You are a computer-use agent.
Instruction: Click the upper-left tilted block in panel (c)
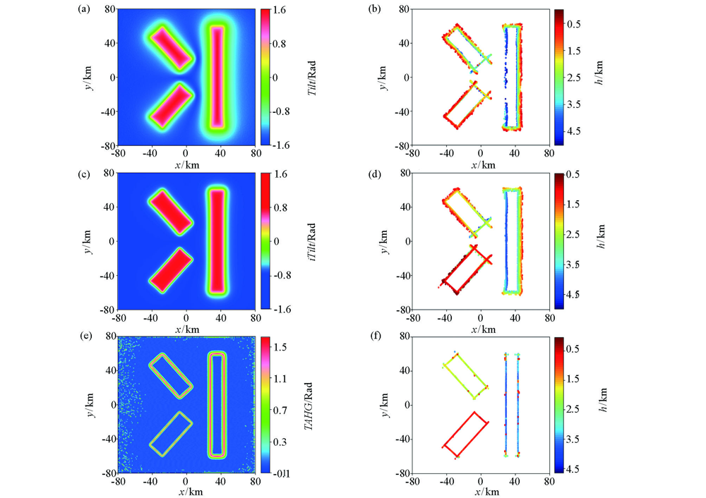point(170,212)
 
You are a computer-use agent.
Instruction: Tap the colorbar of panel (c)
point(266,241)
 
